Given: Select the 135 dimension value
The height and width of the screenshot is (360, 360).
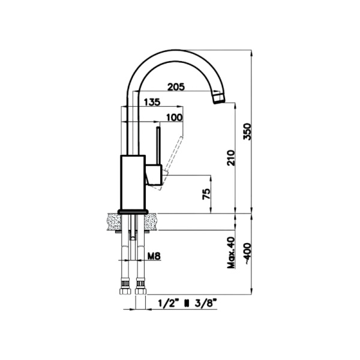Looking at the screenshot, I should [152, 103].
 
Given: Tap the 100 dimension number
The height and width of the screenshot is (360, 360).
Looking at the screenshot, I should [174, 117].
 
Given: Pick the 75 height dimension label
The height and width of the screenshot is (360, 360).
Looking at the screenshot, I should [206, 194].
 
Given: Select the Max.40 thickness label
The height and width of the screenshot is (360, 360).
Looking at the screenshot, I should [231, 252].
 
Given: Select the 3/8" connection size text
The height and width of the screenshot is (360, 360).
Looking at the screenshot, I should [205, 304].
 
